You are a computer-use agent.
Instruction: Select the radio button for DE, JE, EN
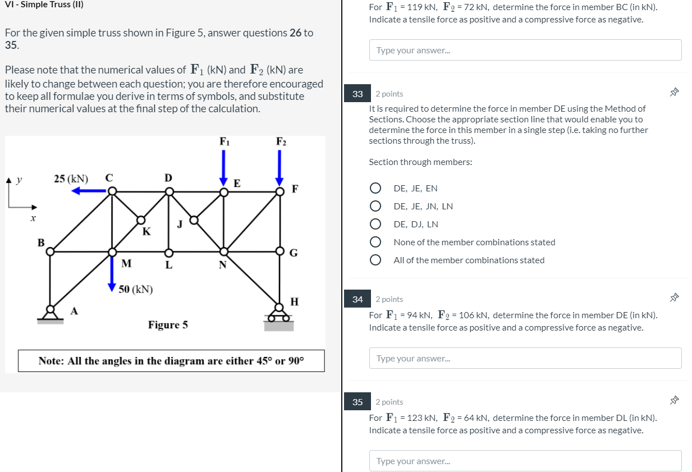pyautogui.click(x=376, y=188)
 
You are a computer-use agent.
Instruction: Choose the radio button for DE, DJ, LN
pyautogui.click(x=376, y=224)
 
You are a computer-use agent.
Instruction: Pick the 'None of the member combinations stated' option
pyautogui.click(x=376, y=242)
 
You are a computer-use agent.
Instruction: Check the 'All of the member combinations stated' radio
pyautogui.click(x=376, y=260)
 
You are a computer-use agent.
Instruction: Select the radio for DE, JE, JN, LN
pyautogui.click(x=376, y=206)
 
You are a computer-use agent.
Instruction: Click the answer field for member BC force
pyautogui.click(x=525, y=50)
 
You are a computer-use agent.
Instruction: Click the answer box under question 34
pyautogui.click(x=525, y=358)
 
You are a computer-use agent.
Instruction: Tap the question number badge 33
pyautogui.click(x=358, y=94)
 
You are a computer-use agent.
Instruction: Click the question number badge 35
pyautogui.click(x=358, y=402)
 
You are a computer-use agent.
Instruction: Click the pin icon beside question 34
pyautogui.click(x=674, y=298)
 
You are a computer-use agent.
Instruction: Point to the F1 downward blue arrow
pyautogui.click(x=224, y=166)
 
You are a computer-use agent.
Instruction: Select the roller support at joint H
pyautogui.click(x=279, y=315)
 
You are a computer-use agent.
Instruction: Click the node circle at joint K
pyautogui.click(x=140, y=220)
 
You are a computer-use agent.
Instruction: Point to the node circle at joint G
pyautogui.click(x=279, y=251)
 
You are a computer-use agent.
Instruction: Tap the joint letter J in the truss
pyautogui.click(x=180, y=225)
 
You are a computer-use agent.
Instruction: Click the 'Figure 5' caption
pyautogui.click(x=168, y=325)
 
